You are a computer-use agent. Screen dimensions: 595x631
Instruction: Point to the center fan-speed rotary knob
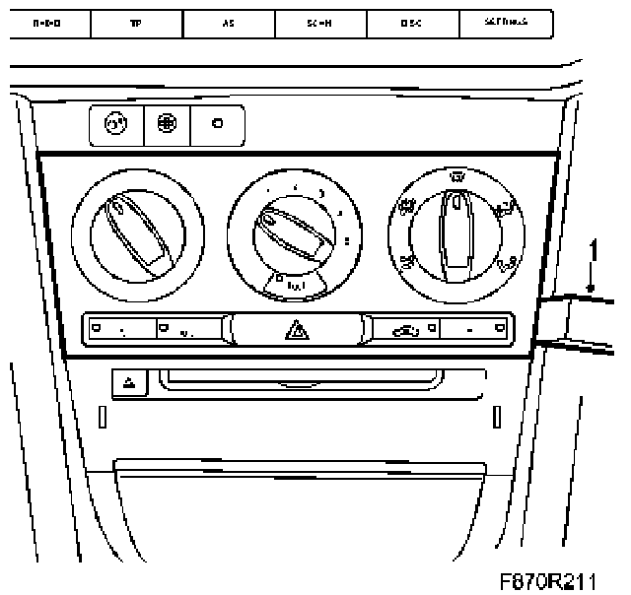[x=294, y=234]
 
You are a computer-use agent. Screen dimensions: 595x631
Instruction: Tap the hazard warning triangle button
[x=295, y=328]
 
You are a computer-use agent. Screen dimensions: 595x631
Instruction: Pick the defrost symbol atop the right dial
[x=456, y=177]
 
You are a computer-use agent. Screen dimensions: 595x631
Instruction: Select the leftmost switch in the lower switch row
[x=120, y=328]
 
